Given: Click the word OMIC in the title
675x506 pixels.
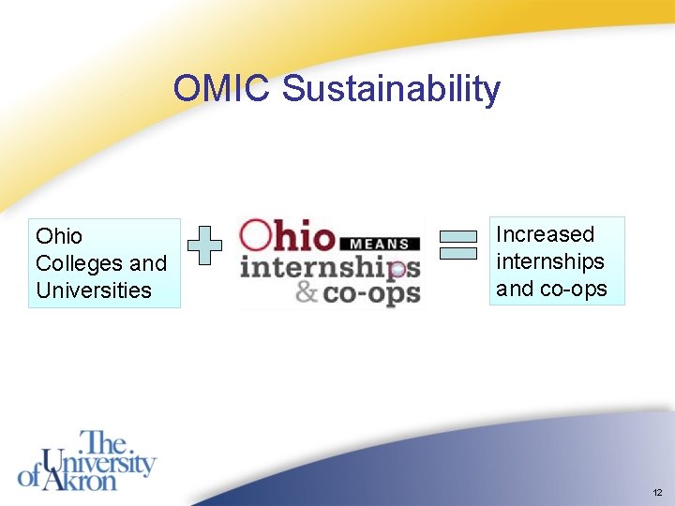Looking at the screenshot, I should [x=222, y=89].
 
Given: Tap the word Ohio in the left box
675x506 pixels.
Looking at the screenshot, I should [x=59, y=236].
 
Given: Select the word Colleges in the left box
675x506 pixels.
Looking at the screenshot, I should [x=75, y=263].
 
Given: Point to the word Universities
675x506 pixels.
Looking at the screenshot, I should [x=93, y=290].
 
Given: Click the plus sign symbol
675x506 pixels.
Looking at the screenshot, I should [x=204, y=246].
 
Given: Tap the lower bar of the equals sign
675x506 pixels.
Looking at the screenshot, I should [x=458, y=253].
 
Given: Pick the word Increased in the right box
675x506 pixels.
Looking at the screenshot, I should [x=545, y=234].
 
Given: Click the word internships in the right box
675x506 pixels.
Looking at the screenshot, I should [x=549, y=261].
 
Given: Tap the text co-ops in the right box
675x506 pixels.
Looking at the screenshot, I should [x=574, y=289].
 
